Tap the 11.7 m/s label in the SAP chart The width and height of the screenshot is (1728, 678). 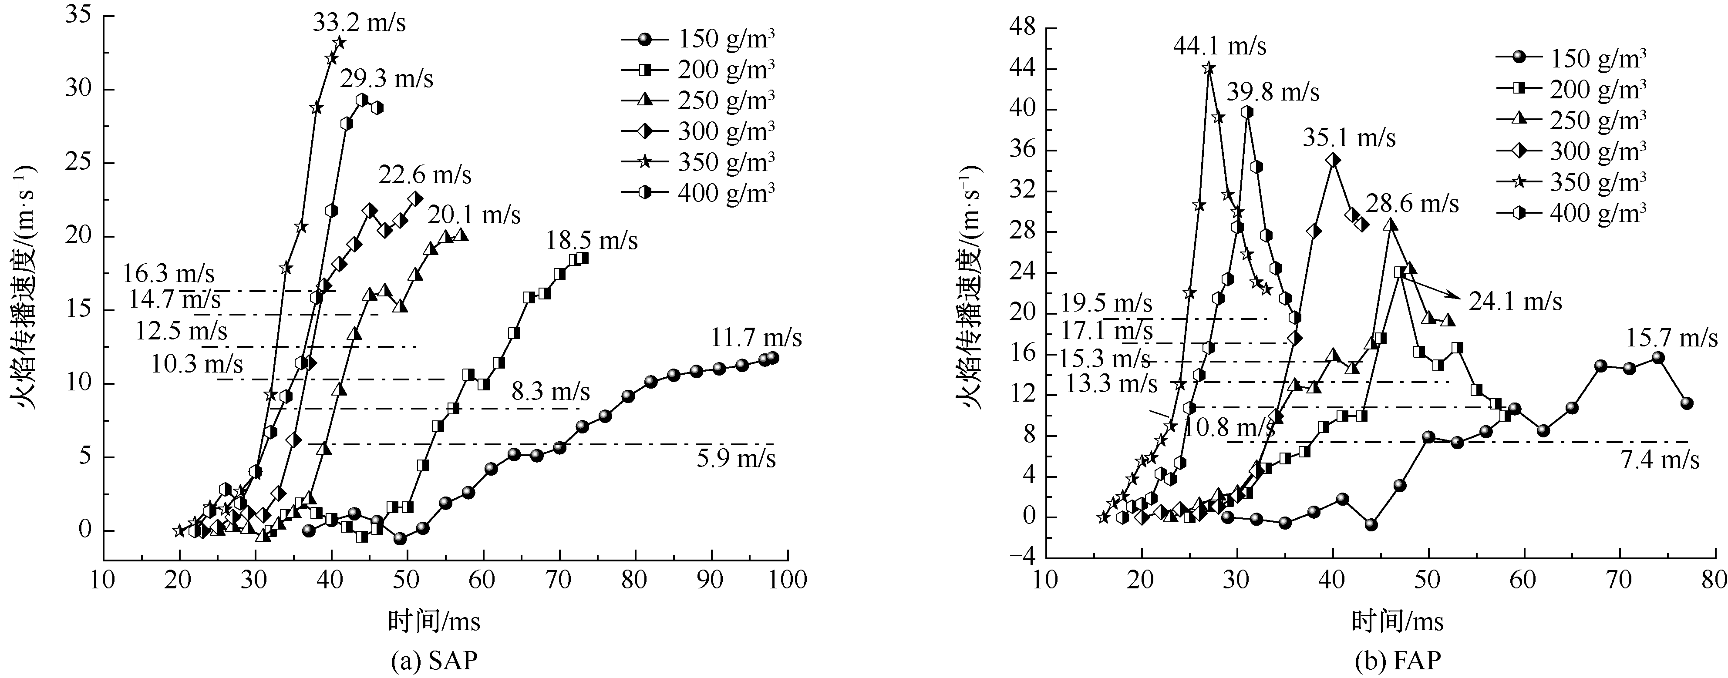756,338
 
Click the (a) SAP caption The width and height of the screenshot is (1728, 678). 434,661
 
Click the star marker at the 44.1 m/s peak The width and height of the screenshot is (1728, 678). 1208,68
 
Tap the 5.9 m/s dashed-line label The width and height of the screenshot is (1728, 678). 736,460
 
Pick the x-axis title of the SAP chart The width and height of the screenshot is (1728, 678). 434,622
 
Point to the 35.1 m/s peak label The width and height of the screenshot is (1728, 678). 1349,138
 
